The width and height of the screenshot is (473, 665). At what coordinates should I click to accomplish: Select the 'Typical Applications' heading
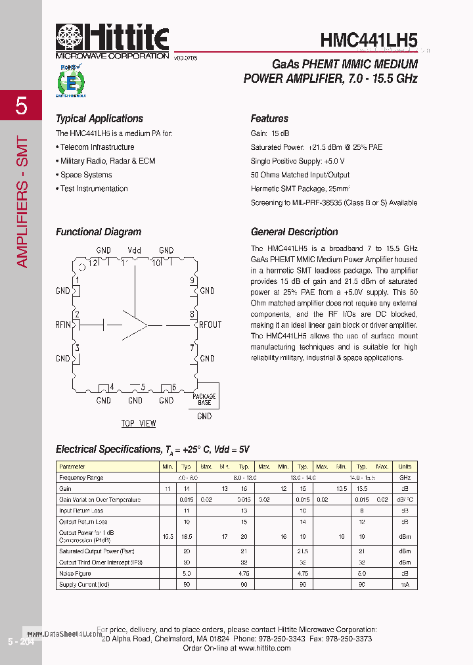click(x=99, y=119)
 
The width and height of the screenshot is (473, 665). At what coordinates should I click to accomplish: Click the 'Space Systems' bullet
click(x=86, y=175)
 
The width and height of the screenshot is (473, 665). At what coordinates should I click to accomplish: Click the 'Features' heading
click(x=269, y=119)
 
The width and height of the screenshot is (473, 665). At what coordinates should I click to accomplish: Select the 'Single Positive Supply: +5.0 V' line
click(x=298, y=161)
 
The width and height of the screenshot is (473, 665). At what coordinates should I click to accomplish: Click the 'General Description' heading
click(x=294, y=232)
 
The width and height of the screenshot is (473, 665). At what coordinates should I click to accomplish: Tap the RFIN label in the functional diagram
click(x=63, y=325)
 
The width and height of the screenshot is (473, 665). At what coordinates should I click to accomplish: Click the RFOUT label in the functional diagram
click(x=210, y=325)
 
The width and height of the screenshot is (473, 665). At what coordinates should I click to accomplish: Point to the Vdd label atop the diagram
click(x=135, y=250)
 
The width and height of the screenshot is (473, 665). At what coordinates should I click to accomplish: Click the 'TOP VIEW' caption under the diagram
click(x=139, y=423)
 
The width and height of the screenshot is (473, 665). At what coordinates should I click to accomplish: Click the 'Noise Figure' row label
click(x=75, y=573)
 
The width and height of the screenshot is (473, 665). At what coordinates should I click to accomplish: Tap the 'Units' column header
click(x=405, y=467)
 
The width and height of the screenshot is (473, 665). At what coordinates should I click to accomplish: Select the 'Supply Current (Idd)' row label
click(x=84, y=584)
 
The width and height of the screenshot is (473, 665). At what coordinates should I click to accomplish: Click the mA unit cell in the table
click(x=405, y=584)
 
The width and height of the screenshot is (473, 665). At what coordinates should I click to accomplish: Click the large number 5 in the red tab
click(x=21, y=105)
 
